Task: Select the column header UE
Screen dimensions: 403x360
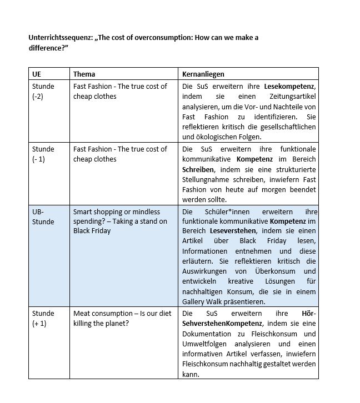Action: pos(37,74)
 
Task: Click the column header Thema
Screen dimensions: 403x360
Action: pos(84,74)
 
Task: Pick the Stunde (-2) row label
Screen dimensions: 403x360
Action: pos(43,91)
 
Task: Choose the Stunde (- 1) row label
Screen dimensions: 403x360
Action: pos(43,154)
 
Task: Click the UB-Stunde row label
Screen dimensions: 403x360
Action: pos(43,216)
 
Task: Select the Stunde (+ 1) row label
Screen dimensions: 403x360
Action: pos(43,318)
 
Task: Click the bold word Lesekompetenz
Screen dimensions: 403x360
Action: pos(289,87)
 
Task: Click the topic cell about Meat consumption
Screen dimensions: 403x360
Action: pos(120,318)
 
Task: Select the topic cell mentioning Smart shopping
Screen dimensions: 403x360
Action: pos(120,221)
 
